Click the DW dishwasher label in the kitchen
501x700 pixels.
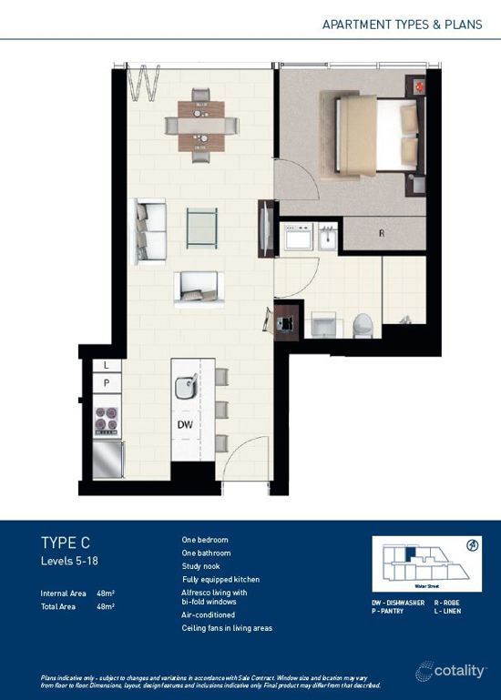click(x=184, y=424)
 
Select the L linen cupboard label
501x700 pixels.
click(x=107, y=365)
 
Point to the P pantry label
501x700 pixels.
click(x=107, y=383)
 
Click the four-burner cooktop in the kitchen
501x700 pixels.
click(x=107, y=419)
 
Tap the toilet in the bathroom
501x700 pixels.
click(x=363, y=324)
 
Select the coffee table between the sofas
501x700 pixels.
click(x=202, y=228)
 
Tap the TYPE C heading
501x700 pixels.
click(x=66, y=543)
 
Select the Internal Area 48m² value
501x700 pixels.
click(x=106, y=593)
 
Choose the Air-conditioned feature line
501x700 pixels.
click(x=209, y=615)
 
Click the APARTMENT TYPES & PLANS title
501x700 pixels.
click(x=402, y=24)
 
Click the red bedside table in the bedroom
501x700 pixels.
click(x=420, y=87)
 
